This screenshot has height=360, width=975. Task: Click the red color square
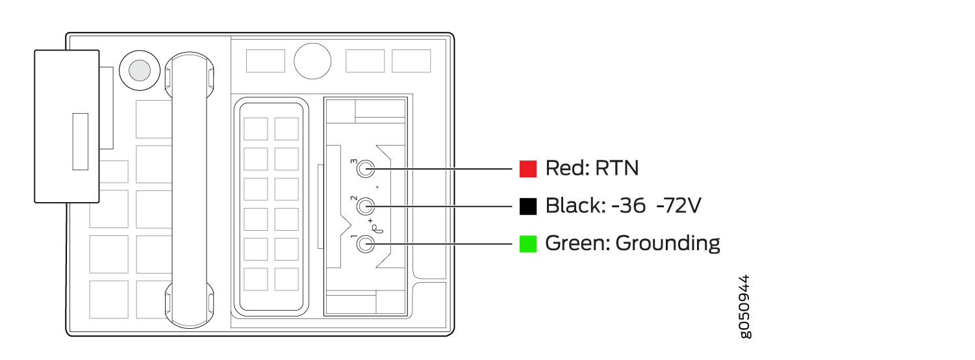[528, 169]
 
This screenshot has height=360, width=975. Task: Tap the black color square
[528, 207]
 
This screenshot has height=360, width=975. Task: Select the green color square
[528, 244]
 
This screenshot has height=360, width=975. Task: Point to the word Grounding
[668, 244]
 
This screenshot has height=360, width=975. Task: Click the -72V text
[678, 205]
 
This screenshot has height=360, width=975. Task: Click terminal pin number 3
[366, 169]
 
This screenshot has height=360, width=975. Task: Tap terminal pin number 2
[366, 207]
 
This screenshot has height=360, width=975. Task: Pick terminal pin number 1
[366, 244]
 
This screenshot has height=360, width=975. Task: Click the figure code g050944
[745, 307]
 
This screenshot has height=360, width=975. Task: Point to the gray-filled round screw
[140, 71]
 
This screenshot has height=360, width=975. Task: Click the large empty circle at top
[312, 61]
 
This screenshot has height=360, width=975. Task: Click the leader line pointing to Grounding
[439, 244]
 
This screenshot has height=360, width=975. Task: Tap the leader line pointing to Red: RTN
[439, 169]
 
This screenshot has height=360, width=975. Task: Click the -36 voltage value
[629, 205]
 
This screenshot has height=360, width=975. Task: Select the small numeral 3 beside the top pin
[354, 162]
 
